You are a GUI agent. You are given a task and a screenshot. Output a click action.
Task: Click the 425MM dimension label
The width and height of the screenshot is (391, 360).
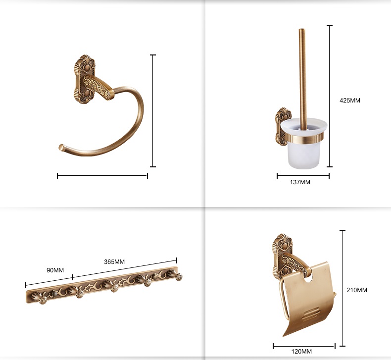point(350,101)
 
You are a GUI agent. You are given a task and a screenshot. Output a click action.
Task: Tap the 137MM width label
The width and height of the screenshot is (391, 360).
point(300,182)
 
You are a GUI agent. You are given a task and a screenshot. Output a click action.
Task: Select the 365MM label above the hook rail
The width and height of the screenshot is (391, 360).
point(114,261)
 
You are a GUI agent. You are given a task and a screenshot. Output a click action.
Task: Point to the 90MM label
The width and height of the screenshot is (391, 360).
point(55,270)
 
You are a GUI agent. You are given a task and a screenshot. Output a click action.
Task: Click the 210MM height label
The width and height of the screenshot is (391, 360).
point(357,290)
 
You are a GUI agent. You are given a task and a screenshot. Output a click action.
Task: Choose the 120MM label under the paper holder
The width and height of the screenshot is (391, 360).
point(301,352)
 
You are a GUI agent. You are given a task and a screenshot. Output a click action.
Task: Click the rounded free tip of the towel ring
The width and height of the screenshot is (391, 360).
point(61,147)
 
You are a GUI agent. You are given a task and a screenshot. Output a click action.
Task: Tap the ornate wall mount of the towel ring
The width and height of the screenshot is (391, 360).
point(85,79)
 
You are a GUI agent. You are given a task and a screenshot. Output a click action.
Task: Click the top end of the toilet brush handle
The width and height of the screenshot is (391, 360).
point(302,30)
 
